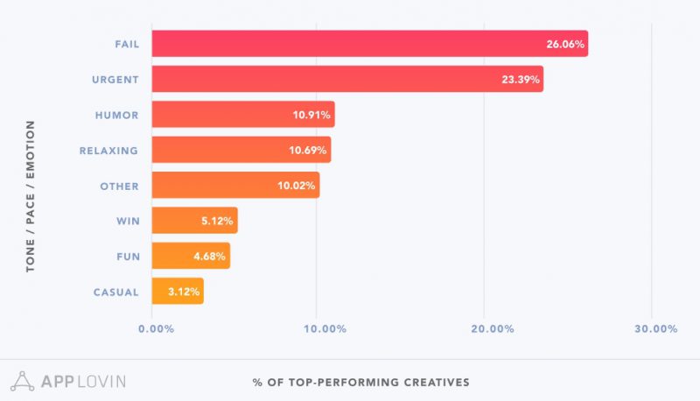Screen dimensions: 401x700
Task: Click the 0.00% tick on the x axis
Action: [x=157, y=329]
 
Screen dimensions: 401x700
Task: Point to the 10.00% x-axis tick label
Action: [x=325, y=329]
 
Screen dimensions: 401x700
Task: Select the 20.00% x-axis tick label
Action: [x=492, y=329]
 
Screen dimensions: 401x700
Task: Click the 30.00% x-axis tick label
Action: [x=655, y=329]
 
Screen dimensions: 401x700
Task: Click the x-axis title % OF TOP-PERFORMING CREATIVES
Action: [x=361, y=382]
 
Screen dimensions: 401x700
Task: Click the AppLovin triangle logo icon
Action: [x=22, y=381]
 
